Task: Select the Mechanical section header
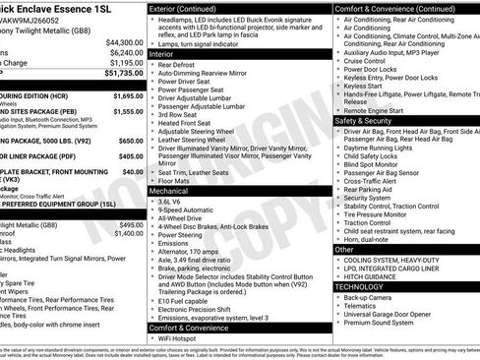click(170, 190)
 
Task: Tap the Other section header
click(344, 249)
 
